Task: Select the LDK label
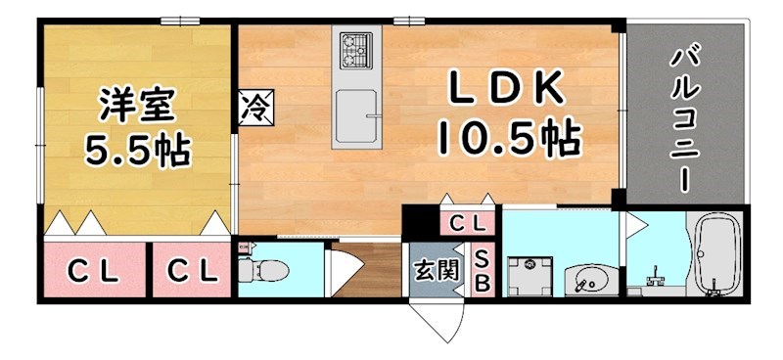click(x=506, y=90)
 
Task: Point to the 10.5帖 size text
click(x=506, y=140)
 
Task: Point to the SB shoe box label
click(x=483, y=269)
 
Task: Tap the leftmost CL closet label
click(x=93, y=271)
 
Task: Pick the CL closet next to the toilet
click(x=191, y=271)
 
